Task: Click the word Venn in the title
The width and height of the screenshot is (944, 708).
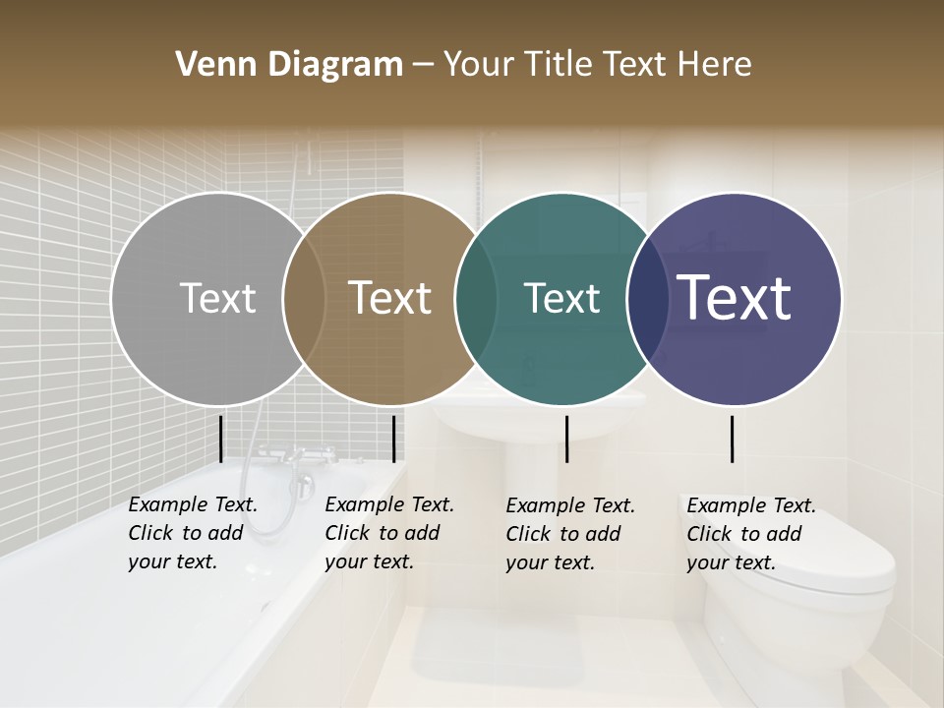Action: [x=208, y=65]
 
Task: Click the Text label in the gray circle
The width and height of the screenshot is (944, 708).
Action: [x=217, y=298]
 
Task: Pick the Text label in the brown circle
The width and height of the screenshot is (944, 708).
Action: [x=389, y=298]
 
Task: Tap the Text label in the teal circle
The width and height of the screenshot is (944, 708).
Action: [x=561, y=298]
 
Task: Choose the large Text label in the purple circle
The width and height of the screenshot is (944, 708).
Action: [x=735, y=298]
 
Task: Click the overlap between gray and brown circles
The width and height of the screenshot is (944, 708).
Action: [x=304, y=298]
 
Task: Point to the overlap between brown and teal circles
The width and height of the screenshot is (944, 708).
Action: [x=476, y=298]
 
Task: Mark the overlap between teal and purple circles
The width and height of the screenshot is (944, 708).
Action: [x=648, y=298]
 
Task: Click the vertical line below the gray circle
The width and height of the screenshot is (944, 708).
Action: [x=220, y=439]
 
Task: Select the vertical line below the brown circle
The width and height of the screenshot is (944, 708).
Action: [x=393, y=439]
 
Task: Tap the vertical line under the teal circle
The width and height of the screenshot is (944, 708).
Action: [x=566, y=439]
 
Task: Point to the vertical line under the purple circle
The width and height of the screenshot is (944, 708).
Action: [x=732, y=439]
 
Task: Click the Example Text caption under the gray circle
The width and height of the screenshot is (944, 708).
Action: [x=193, y=533]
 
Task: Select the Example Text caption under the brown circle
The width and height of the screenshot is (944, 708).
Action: [x=389, y=533]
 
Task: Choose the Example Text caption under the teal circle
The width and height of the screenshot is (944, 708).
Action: [x=570, y=534]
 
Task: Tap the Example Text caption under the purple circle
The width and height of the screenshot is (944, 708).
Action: [x=751, y=534]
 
